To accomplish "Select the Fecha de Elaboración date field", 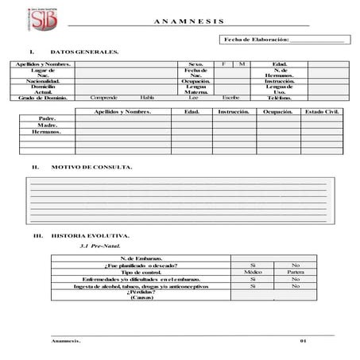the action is (318, 39).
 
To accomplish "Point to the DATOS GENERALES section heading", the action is (85, 52).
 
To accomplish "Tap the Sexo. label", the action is (195, 64).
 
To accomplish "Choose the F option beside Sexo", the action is (224, 64).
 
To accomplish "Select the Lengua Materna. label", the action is (195, 90).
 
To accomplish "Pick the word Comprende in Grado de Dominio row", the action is (103, 98).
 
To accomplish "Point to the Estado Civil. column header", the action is (322, 112).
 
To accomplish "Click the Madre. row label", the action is (47, 125).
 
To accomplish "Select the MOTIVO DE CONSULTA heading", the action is (91, 168).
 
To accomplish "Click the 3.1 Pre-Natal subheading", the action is (99, 247).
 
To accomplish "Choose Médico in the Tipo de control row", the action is (252, 273).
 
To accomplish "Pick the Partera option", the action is (296, 273).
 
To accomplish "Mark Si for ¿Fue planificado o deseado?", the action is (252, 265).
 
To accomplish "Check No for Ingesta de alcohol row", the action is (296, 287).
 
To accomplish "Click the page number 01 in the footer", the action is (303, 341).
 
